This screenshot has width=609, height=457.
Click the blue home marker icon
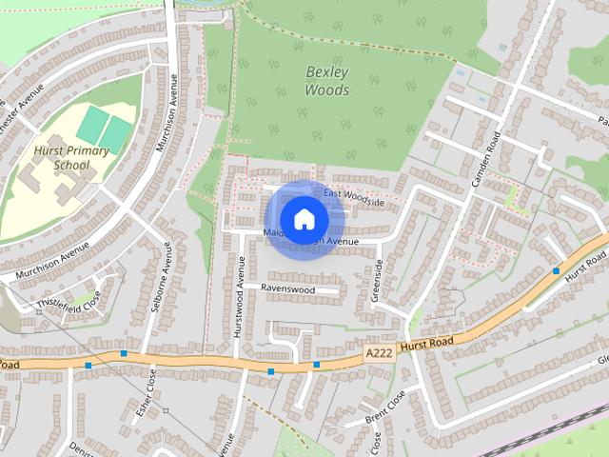coord(303,219)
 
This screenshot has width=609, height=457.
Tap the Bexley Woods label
coord(327,81)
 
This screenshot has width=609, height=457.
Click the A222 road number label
coord(378,352)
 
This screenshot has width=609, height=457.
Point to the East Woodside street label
coord(354,197)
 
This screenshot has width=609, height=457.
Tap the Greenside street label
coord(378,278)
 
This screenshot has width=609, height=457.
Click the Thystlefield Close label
coord(68,303)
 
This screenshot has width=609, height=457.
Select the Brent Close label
coord(384,407)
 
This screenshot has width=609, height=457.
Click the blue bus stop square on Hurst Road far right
coord(556,270)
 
